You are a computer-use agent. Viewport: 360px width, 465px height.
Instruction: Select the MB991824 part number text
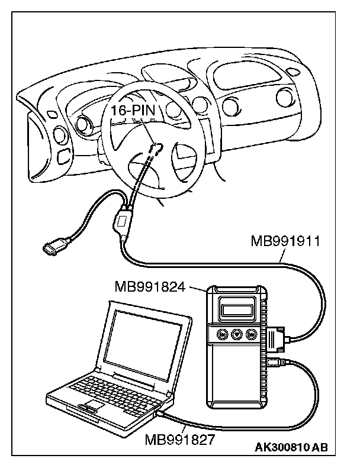click(x=150, y=288)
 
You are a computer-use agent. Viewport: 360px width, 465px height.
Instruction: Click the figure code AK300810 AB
click(x=291, y=447)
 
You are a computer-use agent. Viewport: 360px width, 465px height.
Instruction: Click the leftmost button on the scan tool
click(x=223, y=334)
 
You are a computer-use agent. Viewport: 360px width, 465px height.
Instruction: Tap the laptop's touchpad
click(x=91, y=409)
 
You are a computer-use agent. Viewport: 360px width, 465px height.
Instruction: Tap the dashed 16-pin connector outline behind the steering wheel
click(x=156, y=148)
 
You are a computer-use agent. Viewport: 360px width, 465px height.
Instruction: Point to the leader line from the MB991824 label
click(x=198, y=288)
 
